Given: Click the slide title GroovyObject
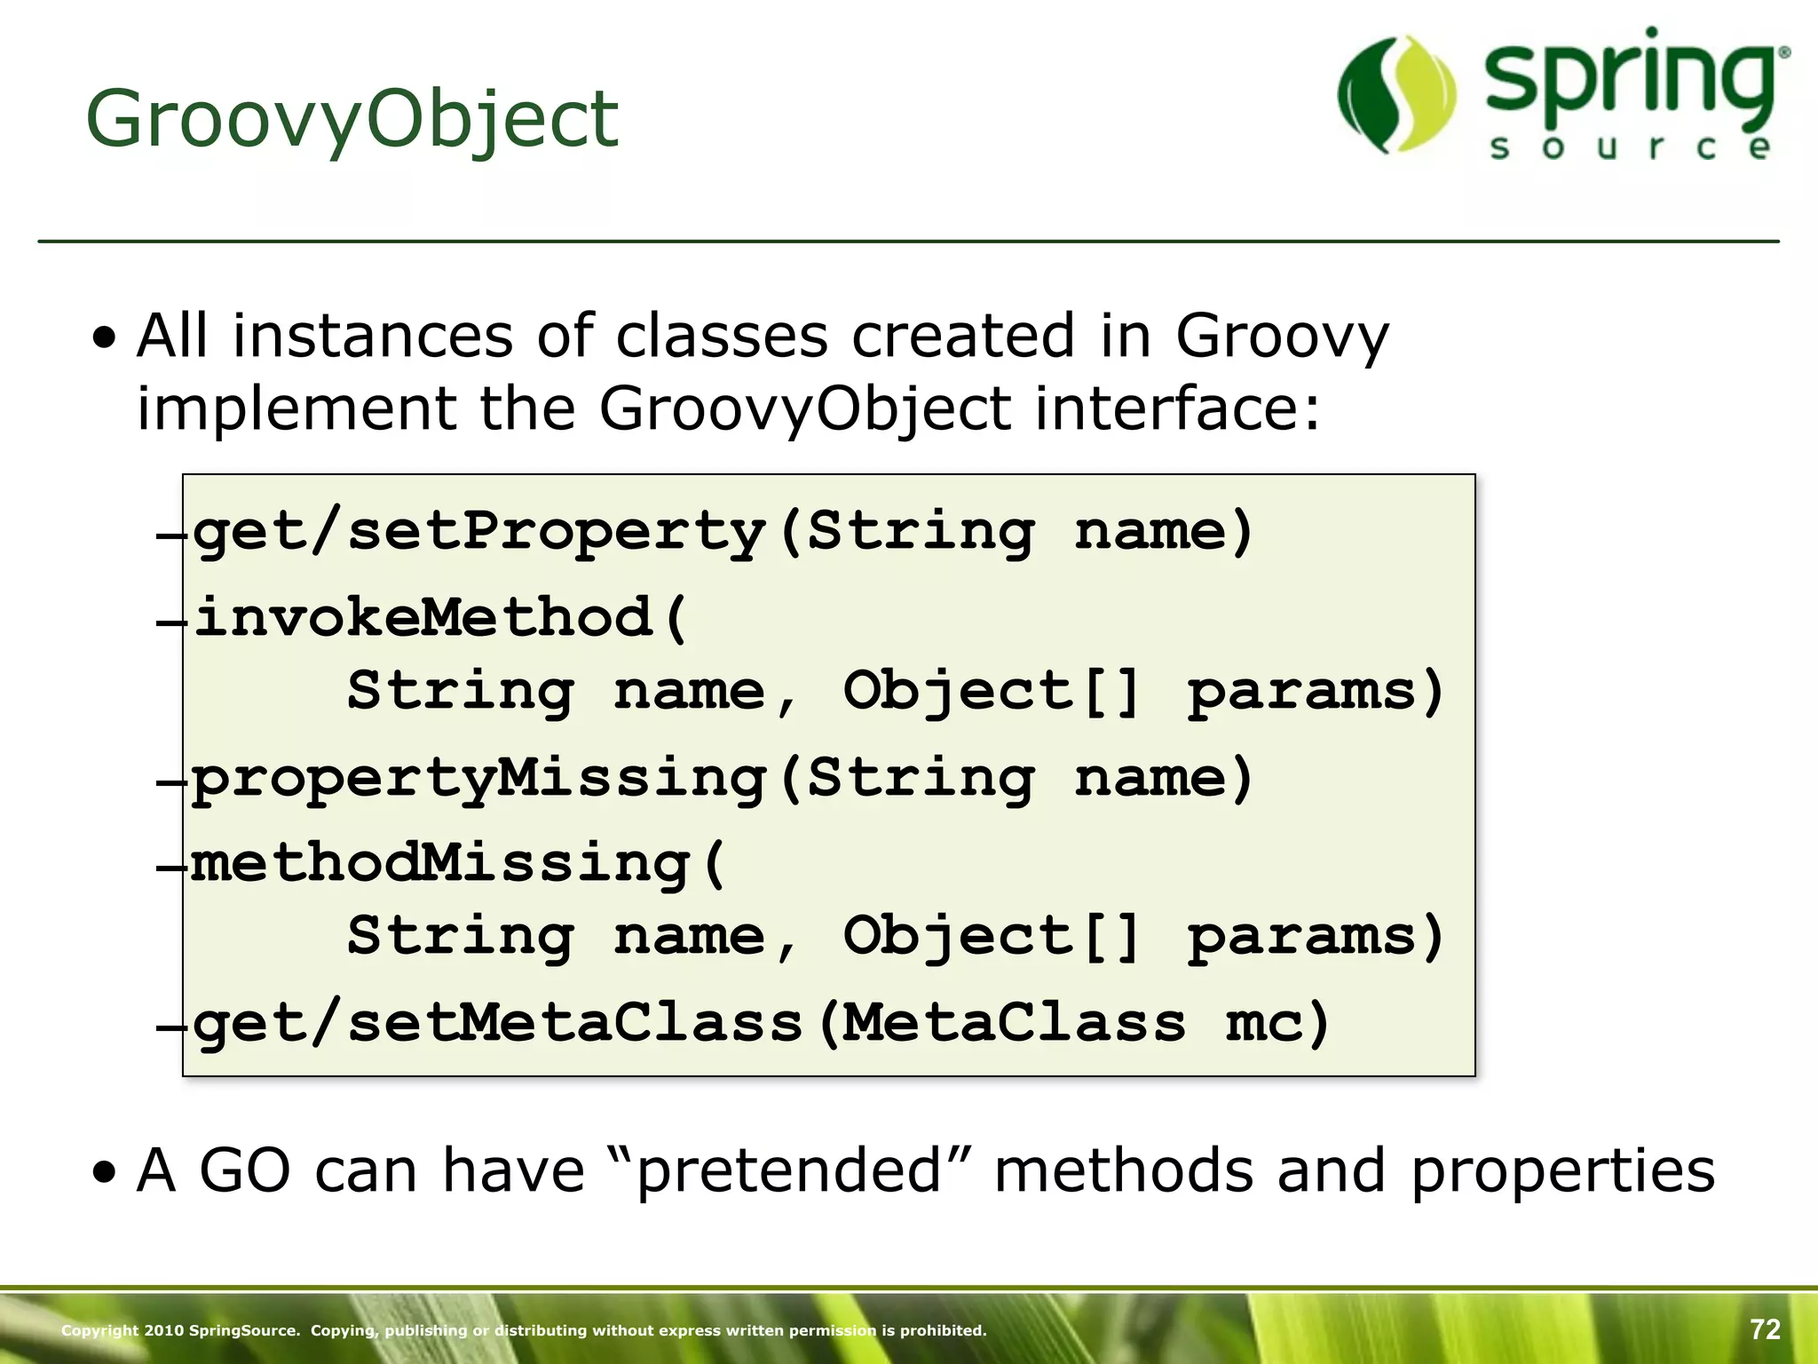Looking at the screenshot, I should tap(352, 120).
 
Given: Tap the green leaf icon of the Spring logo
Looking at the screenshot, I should tap(1396, 94).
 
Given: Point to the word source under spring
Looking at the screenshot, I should tap(1630, 147).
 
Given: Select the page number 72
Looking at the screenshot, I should tap(1765, 1329).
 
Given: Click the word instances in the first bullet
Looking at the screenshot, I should tap(373, 337).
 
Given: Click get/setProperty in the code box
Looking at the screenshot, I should tap(479, 533).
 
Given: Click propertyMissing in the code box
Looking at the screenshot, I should tap(479, 779).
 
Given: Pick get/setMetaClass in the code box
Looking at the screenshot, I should tap(497, 1023).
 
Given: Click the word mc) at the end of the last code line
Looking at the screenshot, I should tap(1277, 1023).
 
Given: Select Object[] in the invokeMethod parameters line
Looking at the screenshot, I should tap(991, 691).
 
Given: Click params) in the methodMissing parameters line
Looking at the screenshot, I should tap(1316, 937).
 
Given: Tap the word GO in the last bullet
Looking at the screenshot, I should tap(244, 1170).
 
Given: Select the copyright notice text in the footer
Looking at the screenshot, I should tap(524, 1330).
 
